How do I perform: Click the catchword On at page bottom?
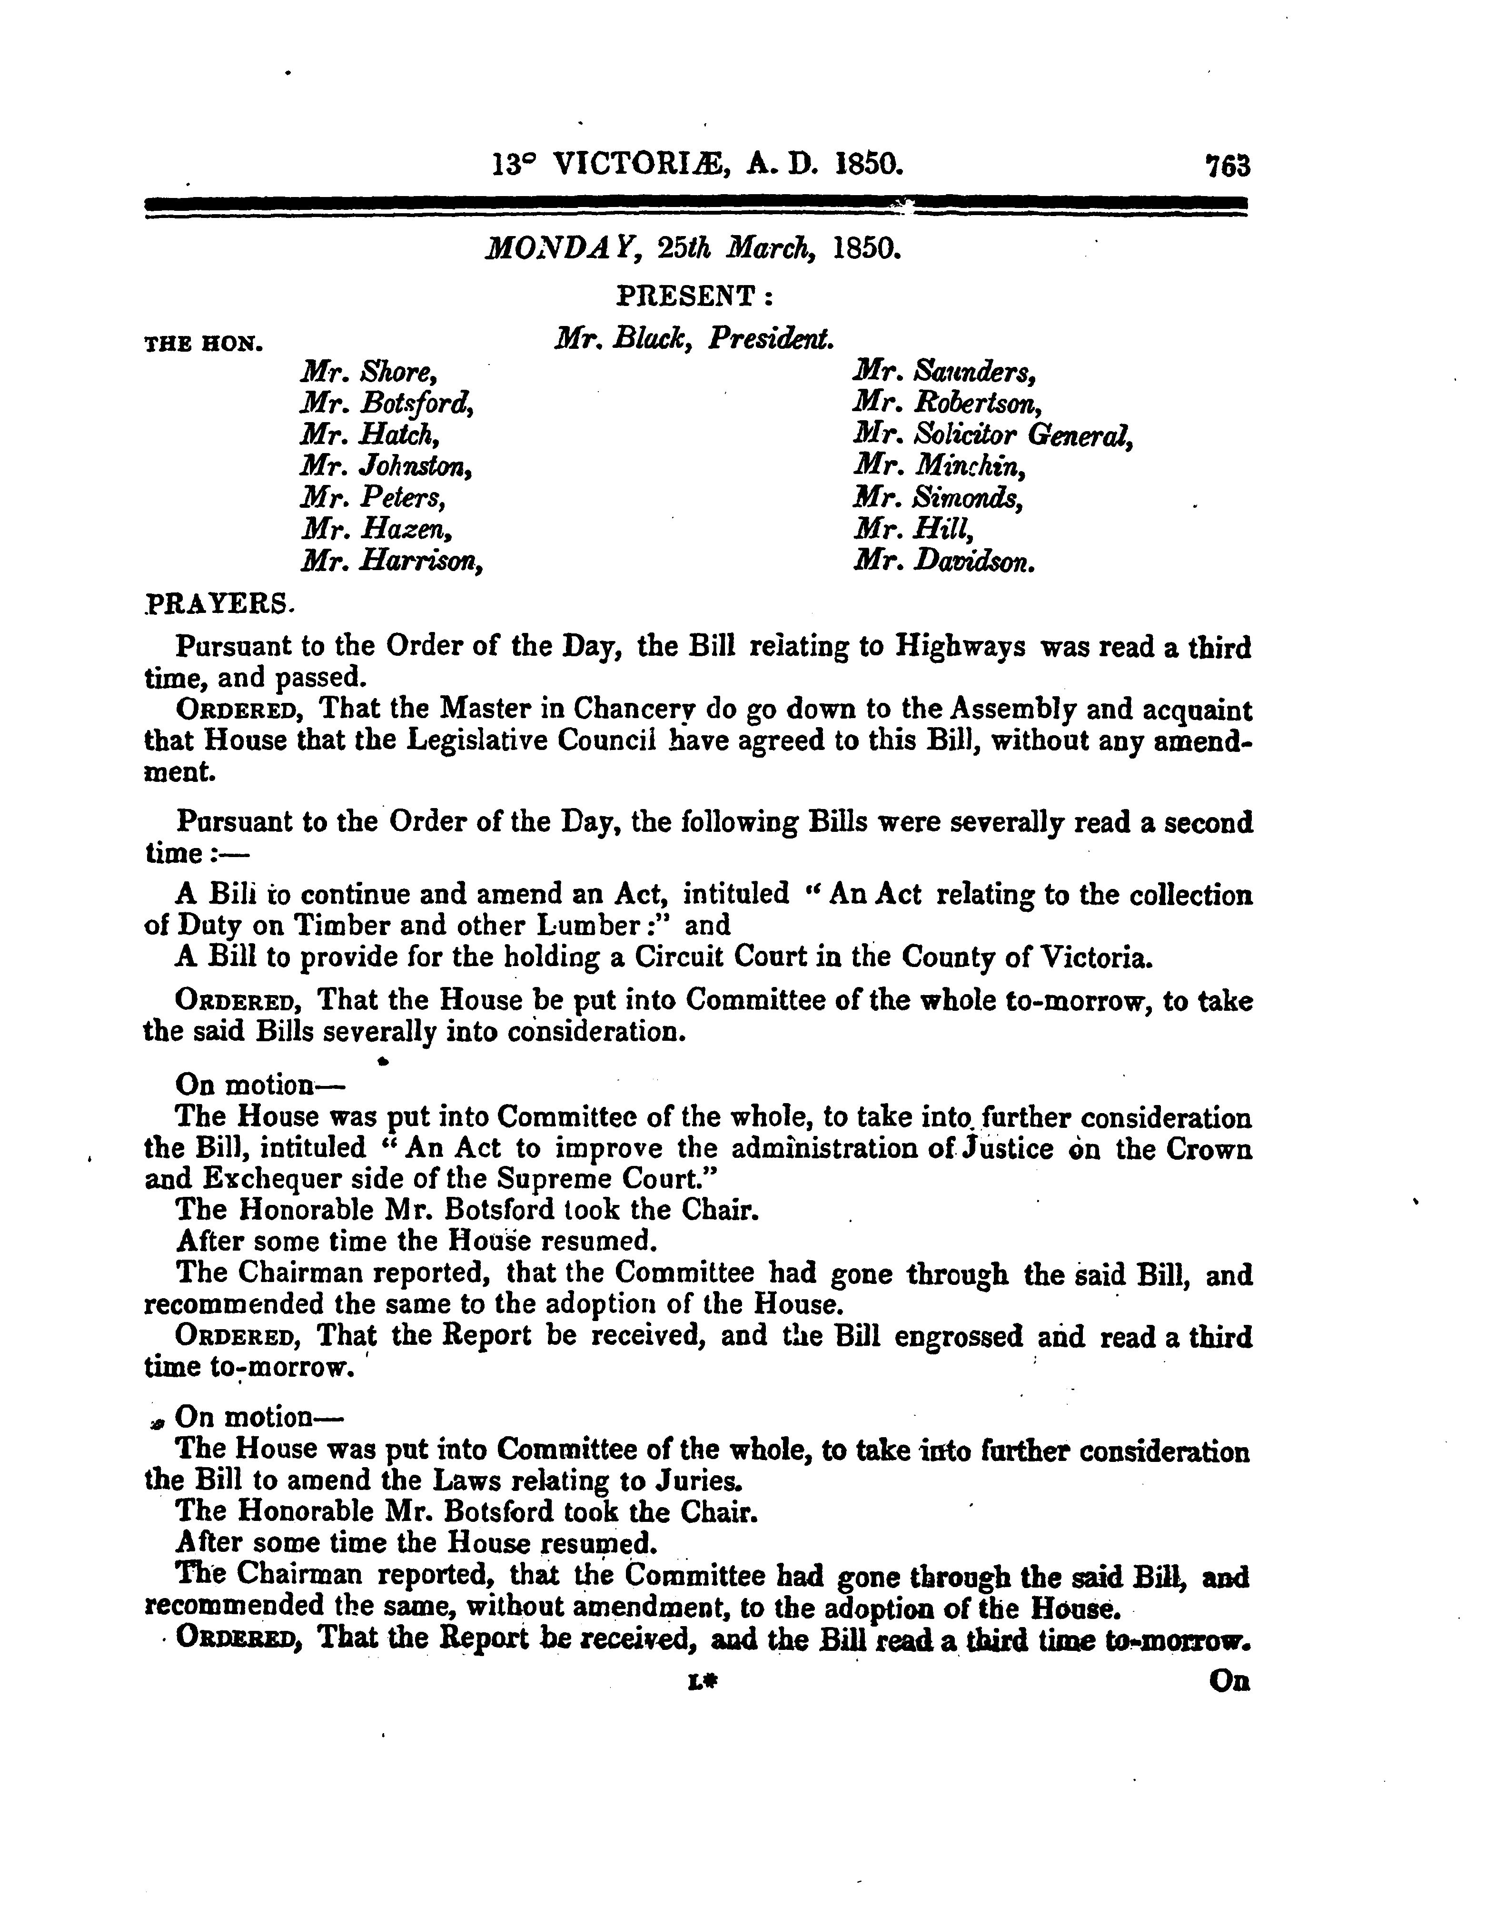(1229, 1681)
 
